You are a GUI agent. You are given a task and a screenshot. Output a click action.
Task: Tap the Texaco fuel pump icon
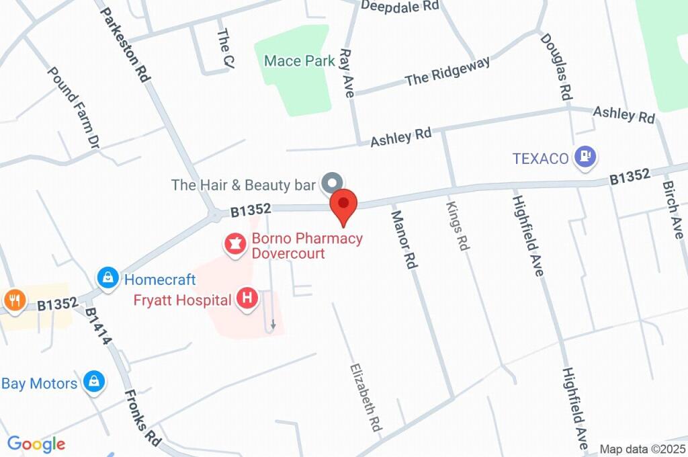pos(585,158)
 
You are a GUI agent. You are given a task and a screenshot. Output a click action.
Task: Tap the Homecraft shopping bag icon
pos(107,277)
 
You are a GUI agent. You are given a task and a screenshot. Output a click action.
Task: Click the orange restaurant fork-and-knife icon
pos(14,300)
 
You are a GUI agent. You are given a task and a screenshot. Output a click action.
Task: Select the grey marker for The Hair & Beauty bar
pos(331,182)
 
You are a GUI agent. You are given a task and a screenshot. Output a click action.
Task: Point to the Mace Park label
pos(299,61)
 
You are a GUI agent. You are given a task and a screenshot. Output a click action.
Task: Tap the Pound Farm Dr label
pos(74,106)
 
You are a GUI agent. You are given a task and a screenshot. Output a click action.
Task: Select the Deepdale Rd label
pos(399,6)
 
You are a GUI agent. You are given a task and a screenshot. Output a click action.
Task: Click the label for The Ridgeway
pos(447,71)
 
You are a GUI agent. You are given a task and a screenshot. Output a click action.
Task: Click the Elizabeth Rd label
pos(365,397)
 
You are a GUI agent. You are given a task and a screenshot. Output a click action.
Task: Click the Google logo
pos(36,444)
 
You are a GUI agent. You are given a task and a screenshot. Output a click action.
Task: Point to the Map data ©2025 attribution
pos(642,449)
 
